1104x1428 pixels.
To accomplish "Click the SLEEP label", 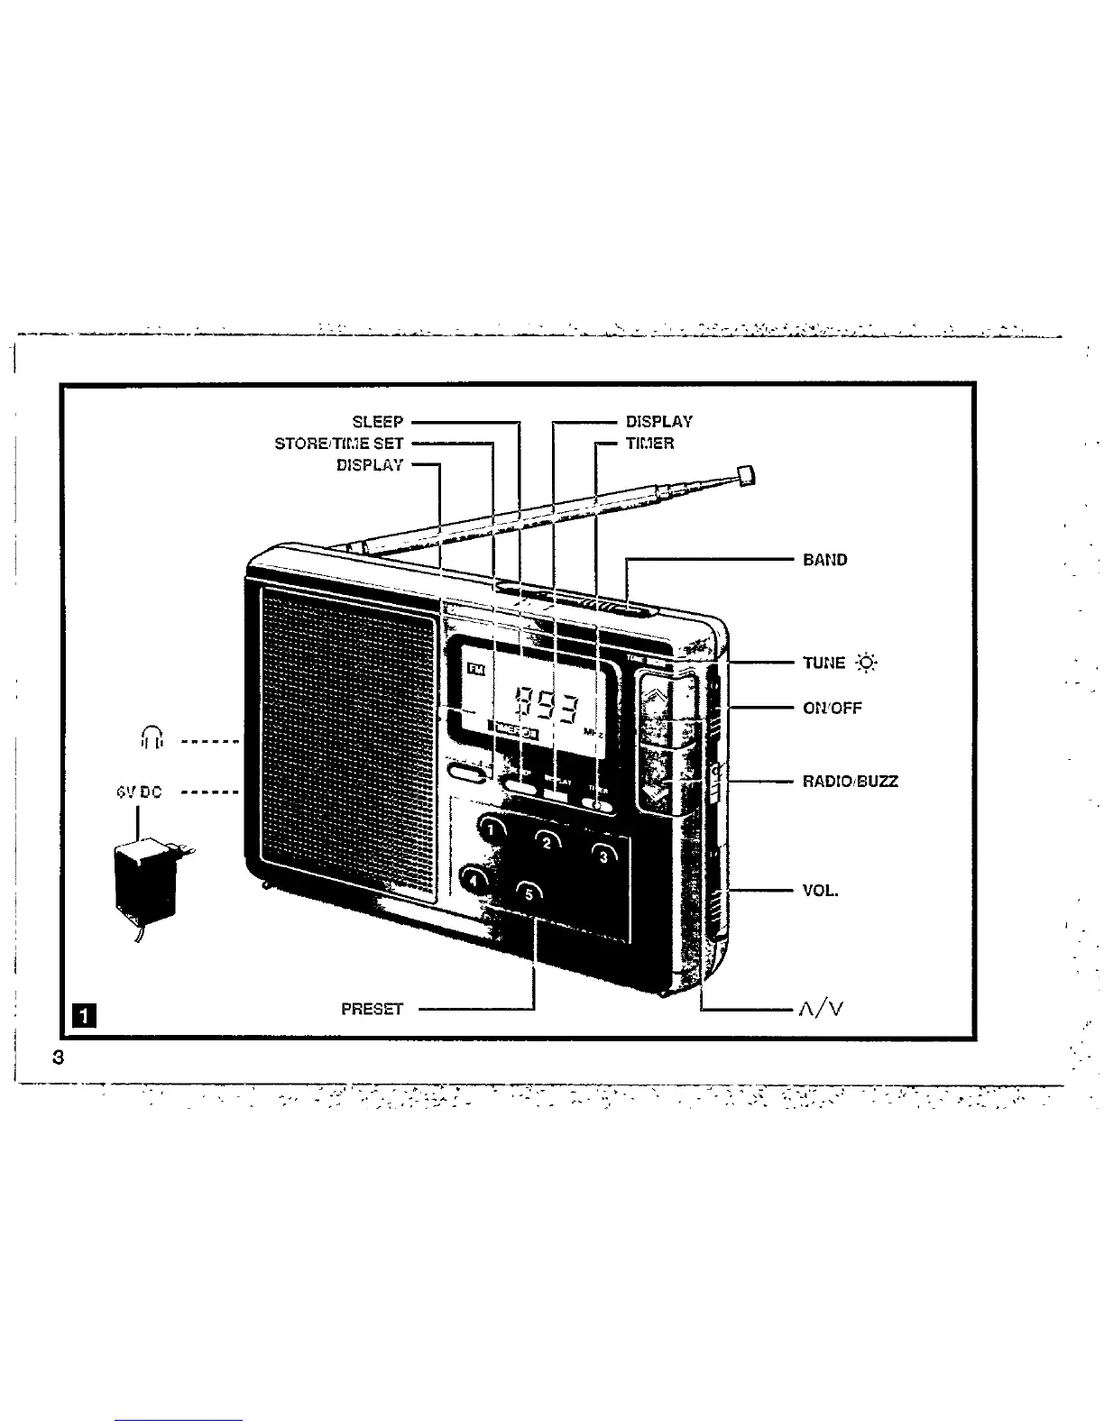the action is click(378, 422).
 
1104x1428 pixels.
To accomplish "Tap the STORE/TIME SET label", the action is click(339, 444).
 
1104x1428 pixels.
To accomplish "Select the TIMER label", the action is click(649, 444).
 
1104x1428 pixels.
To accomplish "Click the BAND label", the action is click(824, 560).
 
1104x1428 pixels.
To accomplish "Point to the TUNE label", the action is click(824, 664).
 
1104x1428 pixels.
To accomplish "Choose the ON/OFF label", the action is click(832, 708).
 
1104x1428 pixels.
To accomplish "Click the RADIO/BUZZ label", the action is click(850, 782).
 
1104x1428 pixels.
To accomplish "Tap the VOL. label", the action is click(820, 891).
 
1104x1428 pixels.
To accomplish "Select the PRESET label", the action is click(372, 1009).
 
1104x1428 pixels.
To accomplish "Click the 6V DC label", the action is click(138, 792).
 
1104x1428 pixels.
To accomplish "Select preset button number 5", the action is click(529, 893).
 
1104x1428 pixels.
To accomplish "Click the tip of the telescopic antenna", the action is click(745, 474).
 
